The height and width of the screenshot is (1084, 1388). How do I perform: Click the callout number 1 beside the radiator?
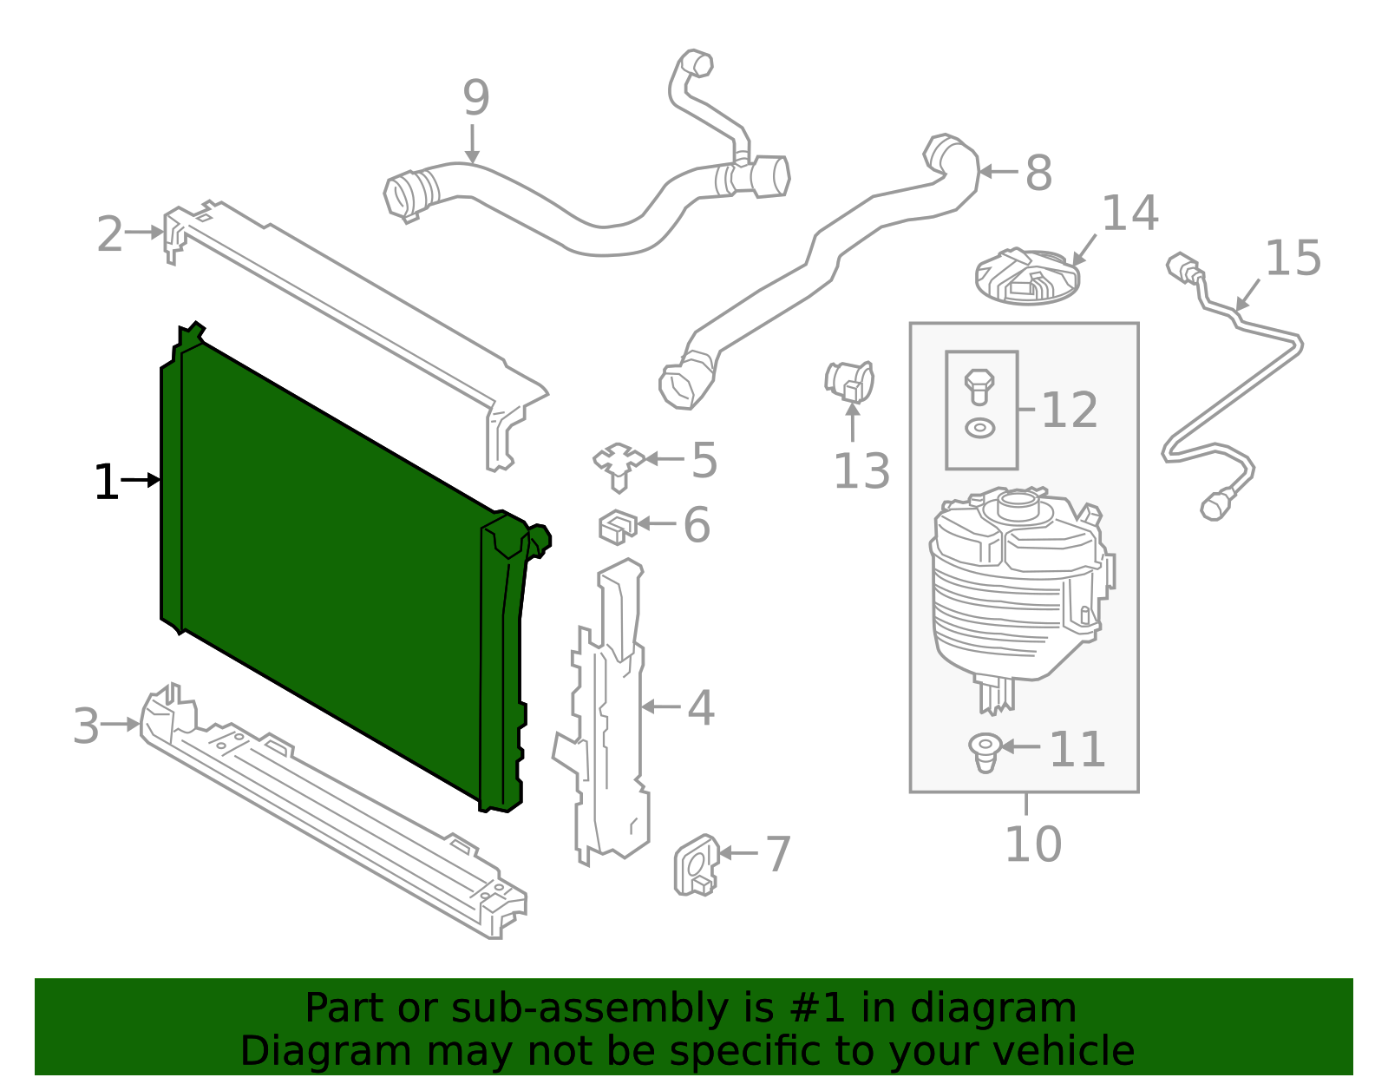[106, 483]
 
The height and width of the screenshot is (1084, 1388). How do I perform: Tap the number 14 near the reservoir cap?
[1129, 214]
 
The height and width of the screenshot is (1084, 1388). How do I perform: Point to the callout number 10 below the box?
[1032, 844]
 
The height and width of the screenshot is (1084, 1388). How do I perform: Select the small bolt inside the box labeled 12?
[979, 385]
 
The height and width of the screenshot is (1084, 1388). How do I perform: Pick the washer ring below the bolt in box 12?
[980, 428]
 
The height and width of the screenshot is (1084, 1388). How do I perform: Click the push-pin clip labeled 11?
[985, 752]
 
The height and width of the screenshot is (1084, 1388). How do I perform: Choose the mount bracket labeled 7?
[697, 864]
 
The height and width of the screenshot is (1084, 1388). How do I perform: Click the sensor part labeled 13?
[848, 382]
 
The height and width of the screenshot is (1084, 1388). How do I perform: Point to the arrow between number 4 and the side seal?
[661, 707]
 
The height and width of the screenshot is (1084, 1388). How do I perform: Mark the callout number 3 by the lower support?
[86, 726]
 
